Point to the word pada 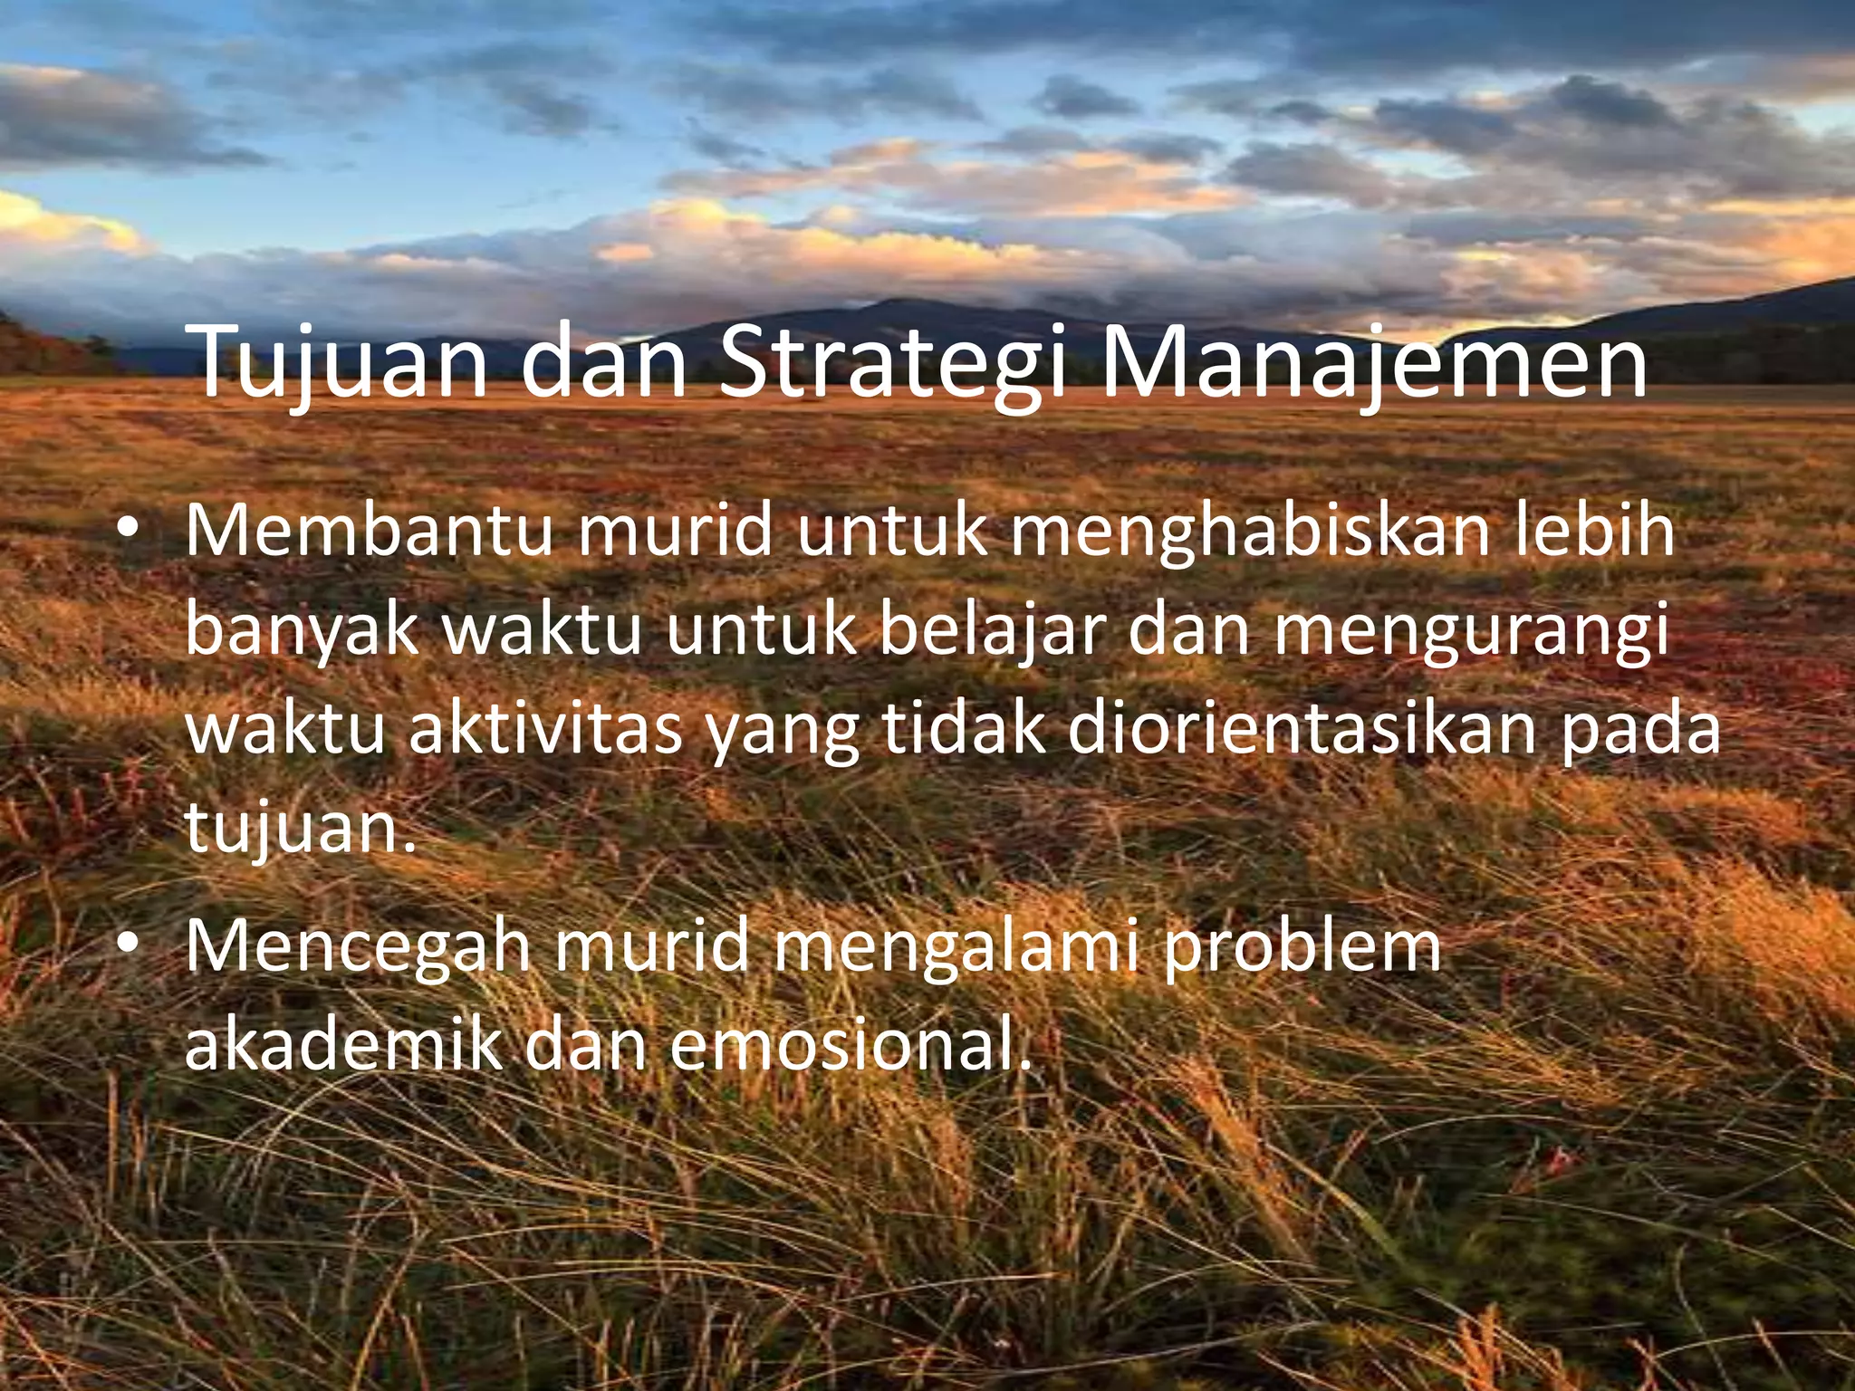(1639, 732)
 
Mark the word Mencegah (357, 946)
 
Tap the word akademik (343, 1044)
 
